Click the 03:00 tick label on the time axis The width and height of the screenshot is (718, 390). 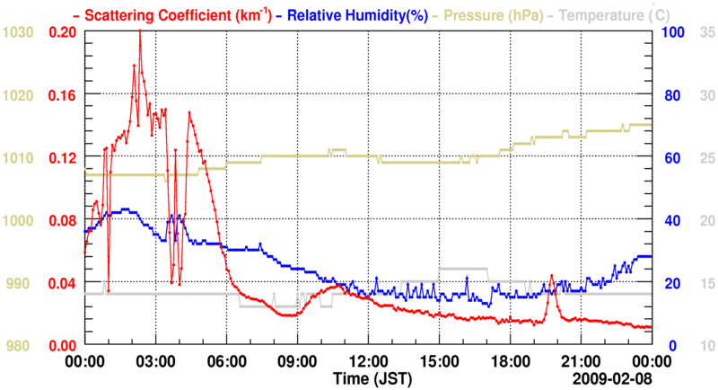[x=155, y=361]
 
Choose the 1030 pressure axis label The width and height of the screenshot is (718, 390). [x=18, y=32]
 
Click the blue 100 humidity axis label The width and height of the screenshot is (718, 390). [x=674, y=32]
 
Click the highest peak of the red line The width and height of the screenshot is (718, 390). [x=140, y=31]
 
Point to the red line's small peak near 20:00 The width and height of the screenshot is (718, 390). [x=552, y=276]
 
